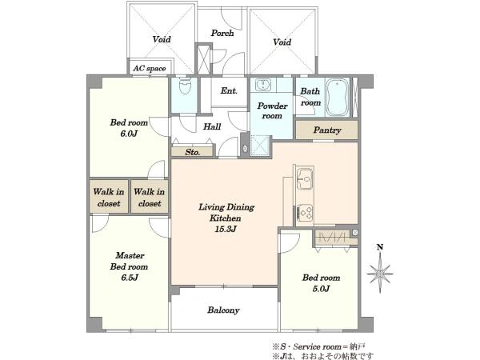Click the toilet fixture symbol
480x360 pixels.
184,86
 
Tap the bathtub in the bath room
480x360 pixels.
337,97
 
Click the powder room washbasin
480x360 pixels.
262,85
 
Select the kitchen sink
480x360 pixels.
305,178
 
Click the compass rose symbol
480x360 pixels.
380,273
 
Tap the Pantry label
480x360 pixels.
327,130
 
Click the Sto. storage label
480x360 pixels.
193,152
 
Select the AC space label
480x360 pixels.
150,69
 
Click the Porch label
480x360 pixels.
222,33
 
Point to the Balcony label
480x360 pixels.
223,310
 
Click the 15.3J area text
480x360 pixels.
226,229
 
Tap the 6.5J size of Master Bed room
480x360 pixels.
129,278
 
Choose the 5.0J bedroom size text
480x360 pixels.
321,289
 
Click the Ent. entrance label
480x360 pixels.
229,90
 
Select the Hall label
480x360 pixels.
212,126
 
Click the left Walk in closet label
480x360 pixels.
109,198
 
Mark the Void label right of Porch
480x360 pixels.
282,42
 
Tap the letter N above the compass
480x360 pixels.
380,247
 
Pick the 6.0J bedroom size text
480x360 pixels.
129,134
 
